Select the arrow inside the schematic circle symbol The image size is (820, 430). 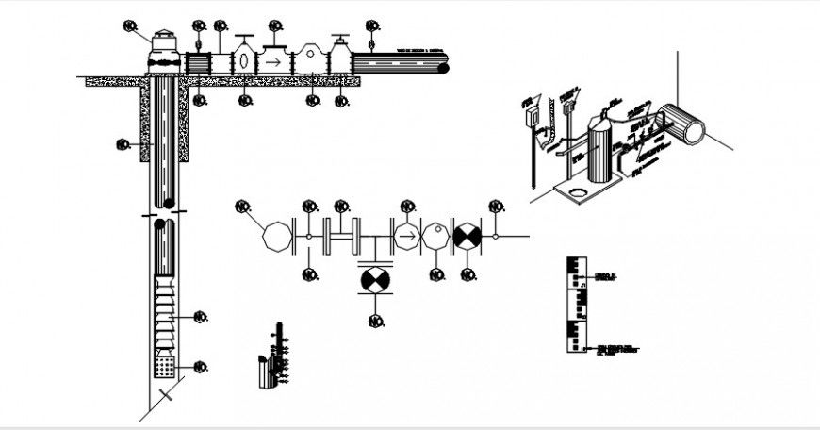[406, 236]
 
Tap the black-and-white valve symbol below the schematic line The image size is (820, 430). [375, 281]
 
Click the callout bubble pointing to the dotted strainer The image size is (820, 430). [200, 367]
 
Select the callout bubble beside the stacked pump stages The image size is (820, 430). [200, 317]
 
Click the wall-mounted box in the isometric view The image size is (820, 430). [532, 114]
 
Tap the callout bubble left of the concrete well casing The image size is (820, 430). [122, 144]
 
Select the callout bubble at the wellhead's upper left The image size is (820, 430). [130, 25]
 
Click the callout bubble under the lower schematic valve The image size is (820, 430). [375, 322]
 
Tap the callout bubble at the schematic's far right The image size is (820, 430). [496, 206]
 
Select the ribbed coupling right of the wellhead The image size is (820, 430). [199, 62]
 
